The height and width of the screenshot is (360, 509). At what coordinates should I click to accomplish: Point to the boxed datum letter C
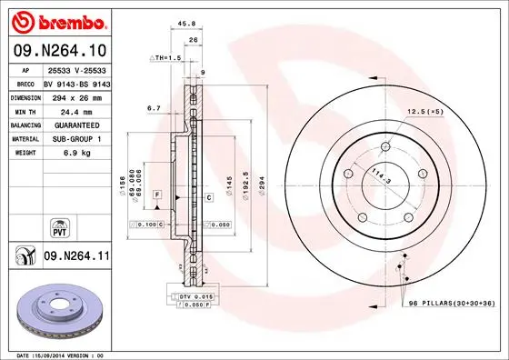208,196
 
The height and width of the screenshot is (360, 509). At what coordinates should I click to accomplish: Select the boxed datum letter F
157,196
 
